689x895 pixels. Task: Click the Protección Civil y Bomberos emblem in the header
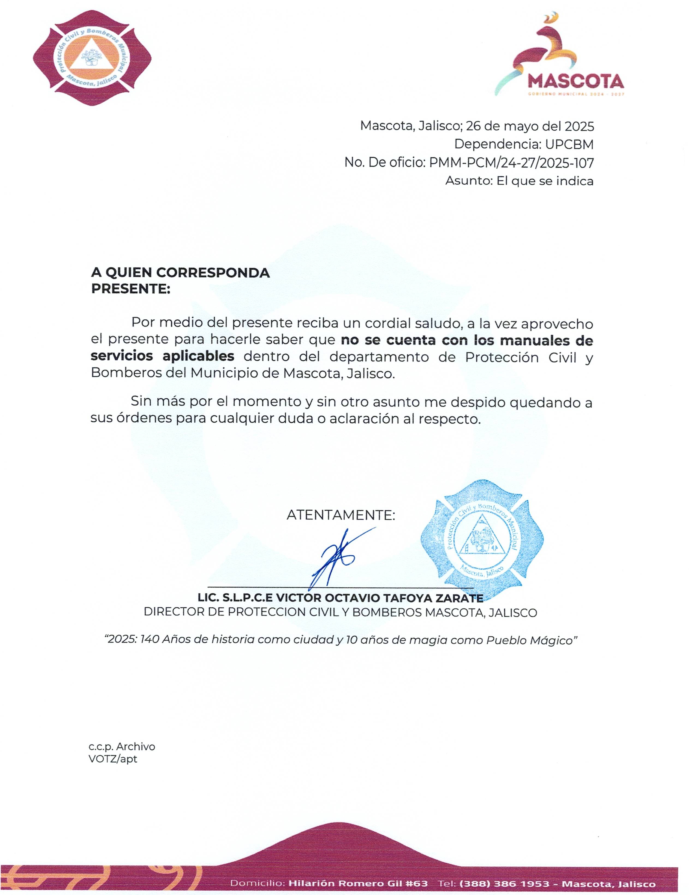tap(92, 58)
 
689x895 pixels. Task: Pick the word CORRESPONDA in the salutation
tap(213, 273)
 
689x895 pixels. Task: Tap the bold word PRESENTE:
tap(130, 289)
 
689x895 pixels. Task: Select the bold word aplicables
tap(198, 356)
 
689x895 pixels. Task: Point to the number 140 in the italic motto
tap(150, 640)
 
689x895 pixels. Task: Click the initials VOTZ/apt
tap(113, 759)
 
